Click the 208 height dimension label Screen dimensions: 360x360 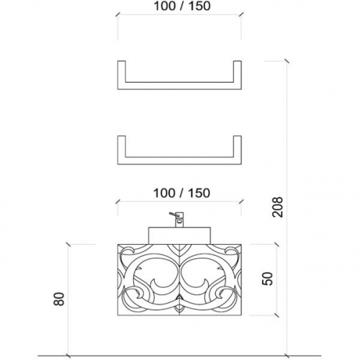coord(278,207)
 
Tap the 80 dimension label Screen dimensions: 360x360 coord(59,299)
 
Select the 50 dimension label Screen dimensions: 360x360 coord(267,279)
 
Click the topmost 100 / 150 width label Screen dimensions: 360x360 coord(182,6)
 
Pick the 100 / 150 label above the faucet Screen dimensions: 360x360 coord(181,193)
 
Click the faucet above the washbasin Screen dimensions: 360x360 coord(178,220)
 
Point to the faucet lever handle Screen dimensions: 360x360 coord(174,215)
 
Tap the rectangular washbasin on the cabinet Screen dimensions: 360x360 coord(180,235)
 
